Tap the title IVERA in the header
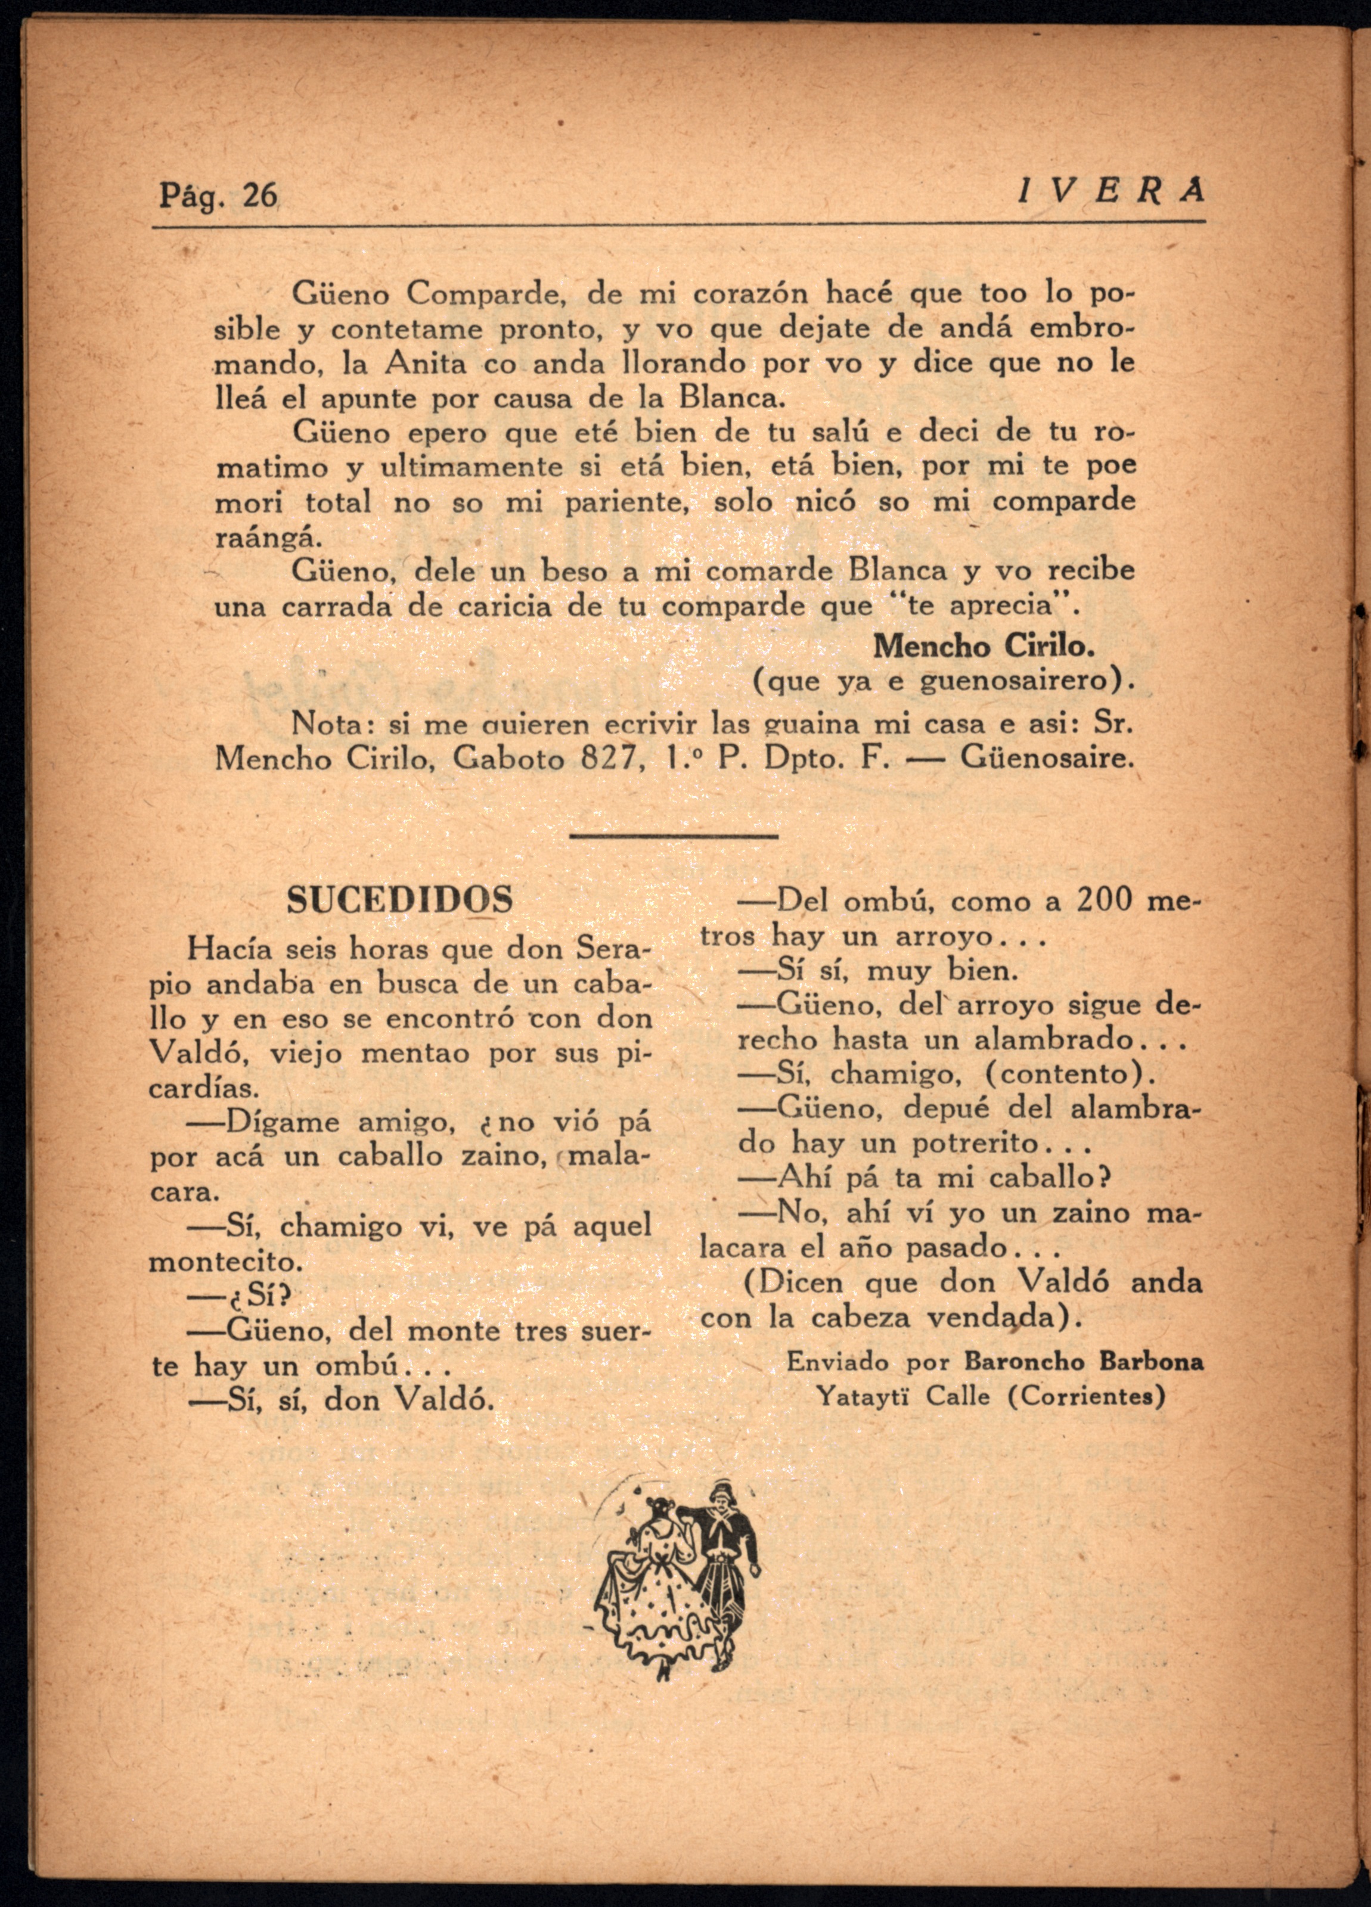[x=1112, y=192]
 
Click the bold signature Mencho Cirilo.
[x=984, y=646]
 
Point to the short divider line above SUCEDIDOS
[x=674, y=836]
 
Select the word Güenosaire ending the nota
[x=1046, y=759]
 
